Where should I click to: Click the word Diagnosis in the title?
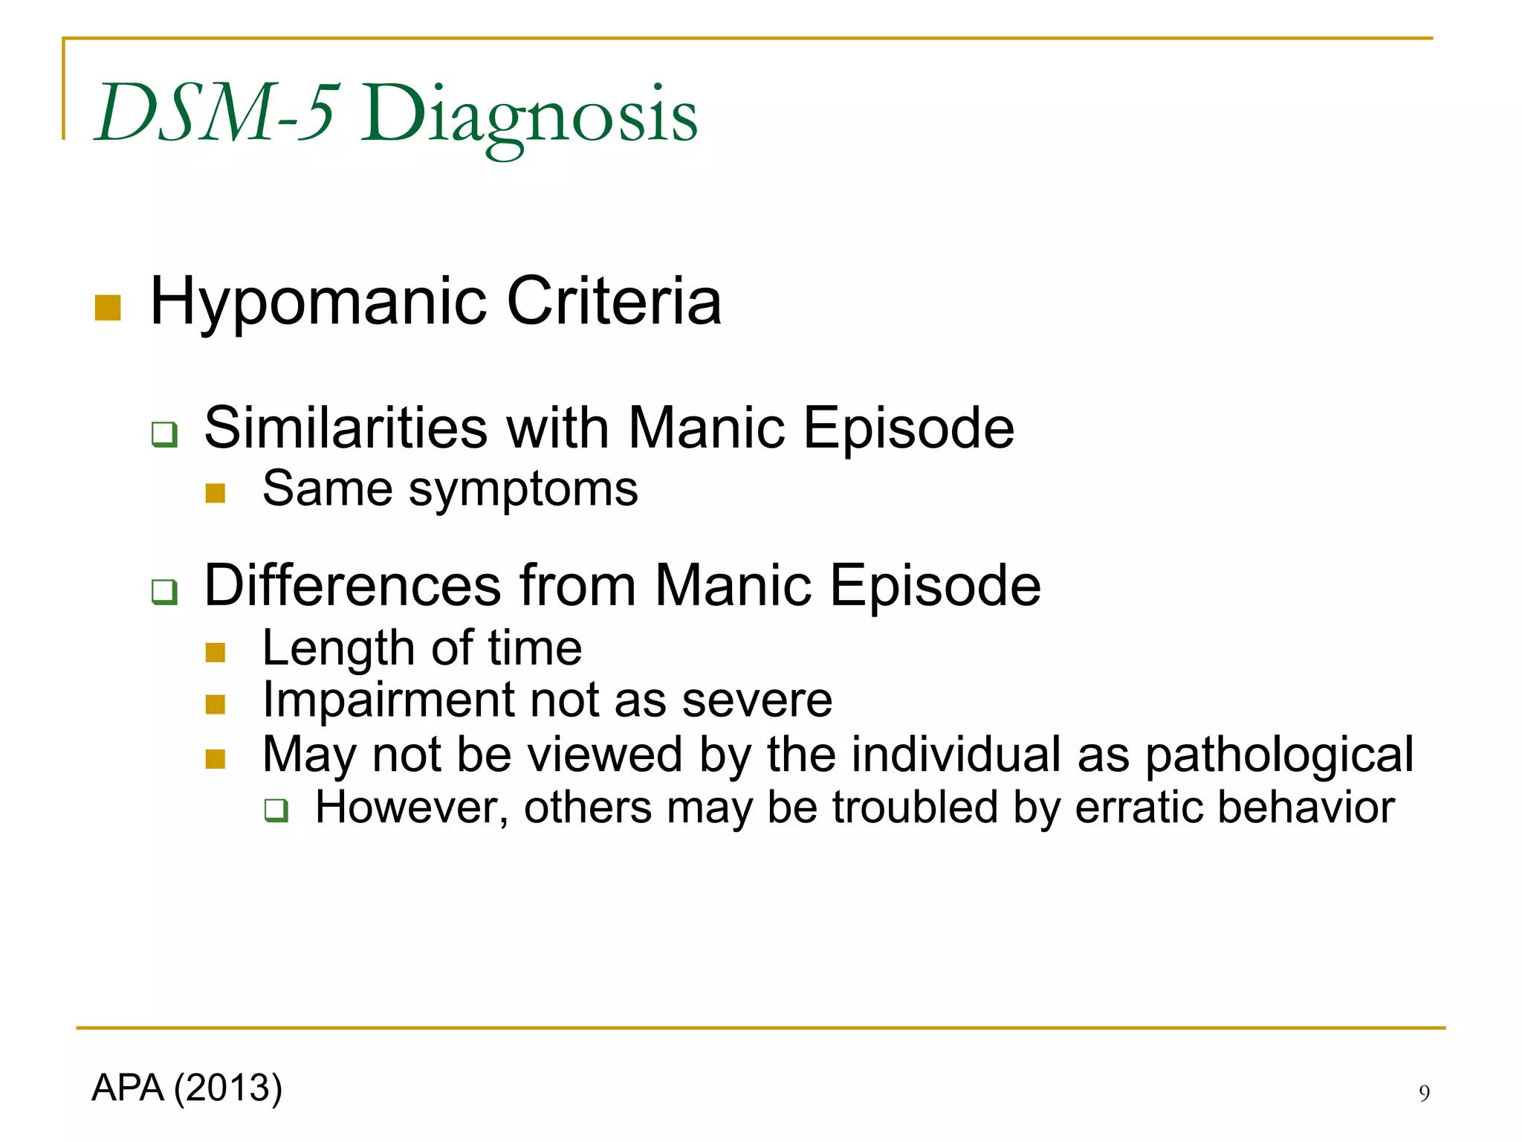529,116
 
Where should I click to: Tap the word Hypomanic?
318,302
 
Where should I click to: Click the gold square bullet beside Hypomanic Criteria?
108,308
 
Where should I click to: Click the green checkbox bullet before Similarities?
164,433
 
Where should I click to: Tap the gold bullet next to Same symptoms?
216,493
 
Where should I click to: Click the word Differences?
353,585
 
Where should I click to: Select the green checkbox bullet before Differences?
164,592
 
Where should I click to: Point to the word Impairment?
387,700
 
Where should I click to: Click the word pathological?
1279,755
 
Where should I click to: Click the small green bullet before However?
276,810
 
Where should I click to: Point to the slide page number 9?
1424,1093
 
